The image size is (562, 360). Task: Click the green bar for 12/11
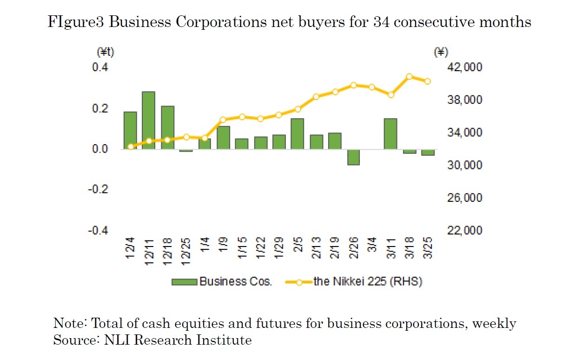coord(148,120)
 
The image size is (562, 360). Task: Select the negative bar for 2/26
coord(353,157)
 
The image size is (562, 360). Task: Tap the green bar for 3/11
coord(390,133)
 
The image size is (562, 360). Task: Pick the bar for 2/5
coord(297,133)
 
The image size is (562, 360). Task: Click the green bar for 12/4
coord(130,130)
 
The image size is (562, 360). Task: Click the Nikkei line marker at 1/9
coord(223,120)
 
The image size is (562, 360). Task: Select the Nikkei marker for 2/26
coord(353,85)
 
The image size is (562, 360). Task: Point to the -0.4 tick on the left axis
coord(99,231)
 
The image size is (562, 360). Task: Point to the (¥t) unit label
coord(105,53)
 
